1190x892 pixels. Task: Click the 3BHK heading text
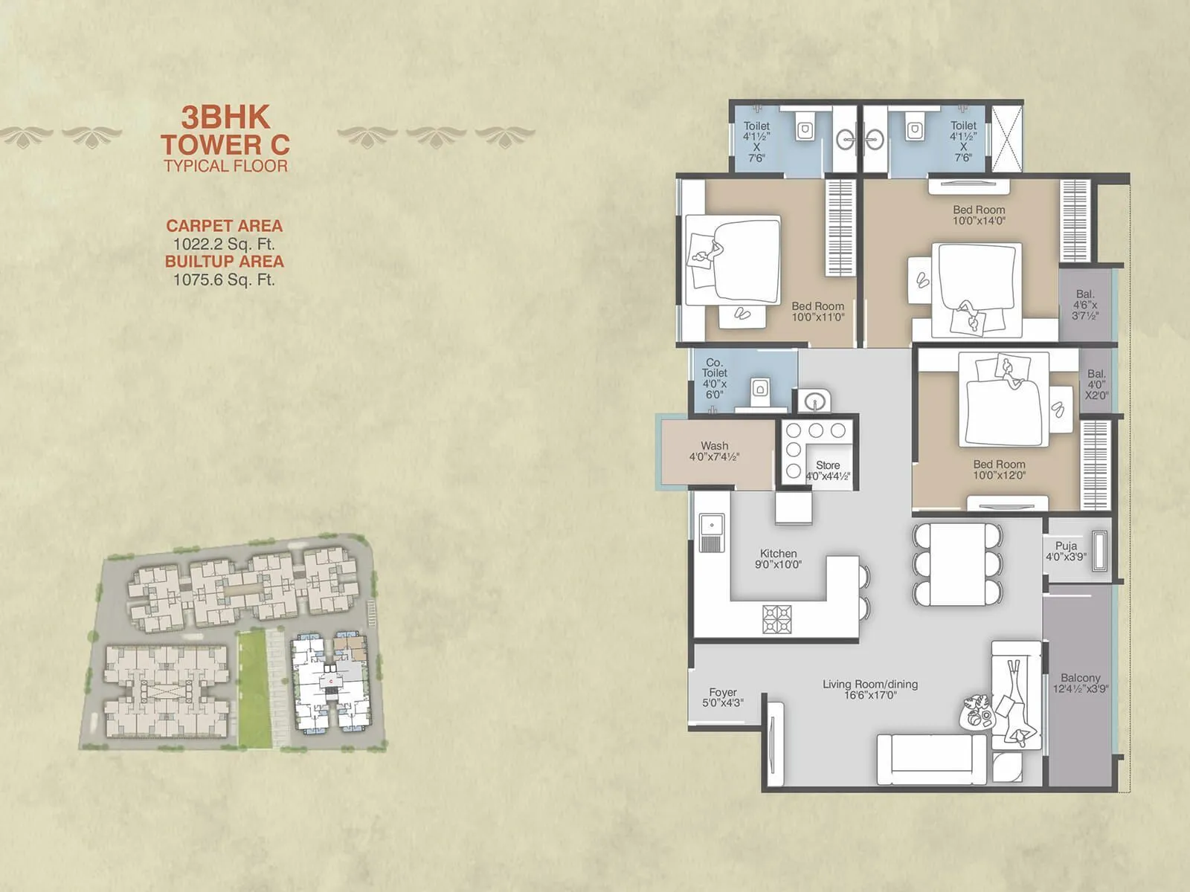pos(226,117)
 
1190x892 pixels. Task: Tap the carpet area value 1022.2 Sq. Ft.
pos(224,244)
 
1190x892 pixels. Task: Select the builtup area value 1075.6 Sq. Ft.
pos(224,280)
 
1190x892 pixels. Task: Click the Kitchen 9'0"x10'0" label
pos(778,559)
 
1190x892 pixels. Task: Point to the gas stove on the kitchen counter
pos(776,618)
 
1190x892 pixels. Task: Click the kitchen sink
pos(712,532)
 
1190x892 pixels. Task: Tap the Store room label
pos(827,471)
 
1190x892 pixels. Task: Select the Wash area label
pos(714,451)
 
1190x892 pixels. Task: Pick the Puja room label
pos(1066,551)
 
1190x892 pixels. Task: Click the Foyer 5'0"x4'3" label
pos(723,697)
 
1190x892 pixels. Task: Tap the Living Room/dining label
pos(870,689)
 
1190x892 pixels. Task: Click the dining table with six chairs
pos(957,564)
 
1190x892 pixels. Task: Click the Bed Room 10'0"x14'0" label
pos(979,215)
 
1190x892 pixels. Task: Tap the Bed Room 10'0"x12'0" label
pos(999,469)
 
